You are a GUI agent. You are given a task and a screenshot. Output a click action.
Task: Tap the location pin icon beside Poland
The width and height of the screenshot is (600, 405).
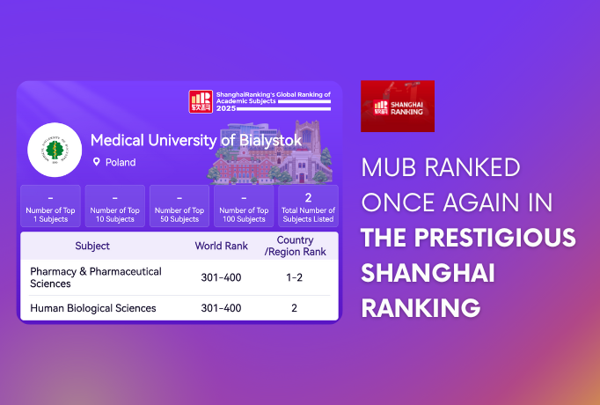tap(97, 163)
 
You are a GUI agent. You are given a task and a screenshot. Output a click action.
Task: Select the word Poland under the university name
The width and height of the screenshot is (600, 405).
tap(121, 163)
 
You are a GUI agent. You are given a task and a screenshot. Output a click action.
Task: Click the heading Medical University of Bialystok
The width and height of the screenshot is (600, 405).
tap(196, 141)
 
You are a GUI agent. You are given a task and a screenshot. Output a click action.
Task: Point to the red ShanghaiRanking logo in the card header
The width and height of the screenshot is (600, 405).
tap(201, 101)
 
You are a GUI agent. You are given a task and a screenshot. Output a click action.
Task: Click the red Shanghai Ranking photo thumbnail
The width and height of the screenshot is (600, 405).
tap(398, 106)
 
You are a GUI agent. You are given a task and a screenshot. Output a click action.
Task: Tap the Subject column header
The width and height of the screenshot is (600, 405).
tap(92, 246)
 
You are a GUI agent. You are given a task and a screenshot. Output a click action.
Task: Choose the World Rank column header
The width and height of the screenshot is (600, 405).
tap(221, 246)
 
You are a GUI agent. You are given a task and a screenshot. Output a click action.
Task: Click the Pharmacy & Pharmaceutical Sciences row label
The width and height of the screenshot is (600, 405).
tap(95, 277)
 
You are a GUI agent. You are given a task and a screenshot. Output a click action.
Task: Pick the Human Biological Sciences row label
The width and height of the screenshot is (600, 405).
tap(92, 308)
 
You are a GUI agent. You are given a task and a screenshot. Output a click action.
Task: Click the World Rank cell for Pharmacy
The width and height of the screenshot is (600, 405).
tap(221, 278)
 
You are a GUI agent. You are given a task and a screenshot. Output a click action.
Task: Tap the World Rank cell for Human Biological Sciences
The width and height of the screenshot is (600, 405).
tap(221, 308)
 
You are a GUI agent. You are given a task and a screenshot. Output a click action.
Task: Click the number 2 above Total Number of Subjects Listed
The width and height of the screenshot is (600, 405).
tap(308, 197)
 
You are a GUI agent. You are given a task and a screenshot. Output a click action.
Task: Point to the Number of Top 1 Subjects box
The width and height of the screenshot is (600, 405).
tap(50, 207)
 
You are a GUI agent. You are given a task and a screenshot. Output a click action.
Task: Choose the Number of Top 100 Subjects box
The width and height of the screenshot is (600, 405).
tap(244, 207)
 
